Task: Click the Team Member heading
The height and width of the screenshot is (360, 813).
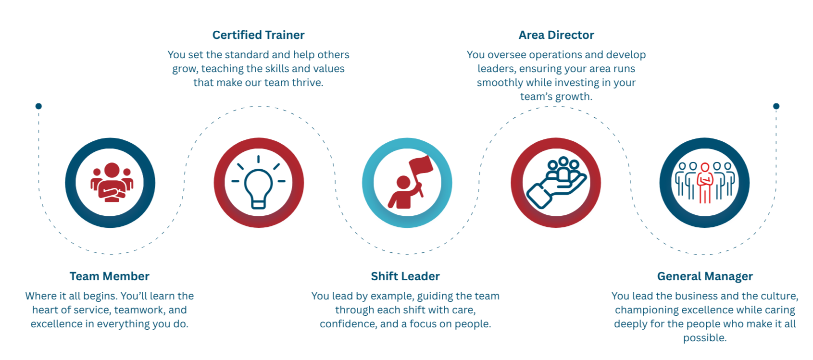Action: tap(109, 277)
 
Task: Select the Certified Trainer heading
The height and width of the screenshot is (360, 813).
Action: tap(258, 36)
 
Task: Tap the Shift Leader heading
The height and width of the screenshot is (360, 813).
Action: tap(405, 277)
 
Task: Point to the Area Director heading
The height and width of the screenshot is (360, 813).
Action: tap(556, 36)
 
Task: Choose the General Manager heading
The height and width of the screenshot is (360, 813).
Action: tap(704, 277)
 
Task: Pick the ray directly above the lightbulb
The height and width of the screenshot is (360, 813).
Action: tap(258, 160)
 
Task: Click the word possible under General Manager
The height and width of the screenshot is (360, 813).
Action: tap(704, 338)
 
